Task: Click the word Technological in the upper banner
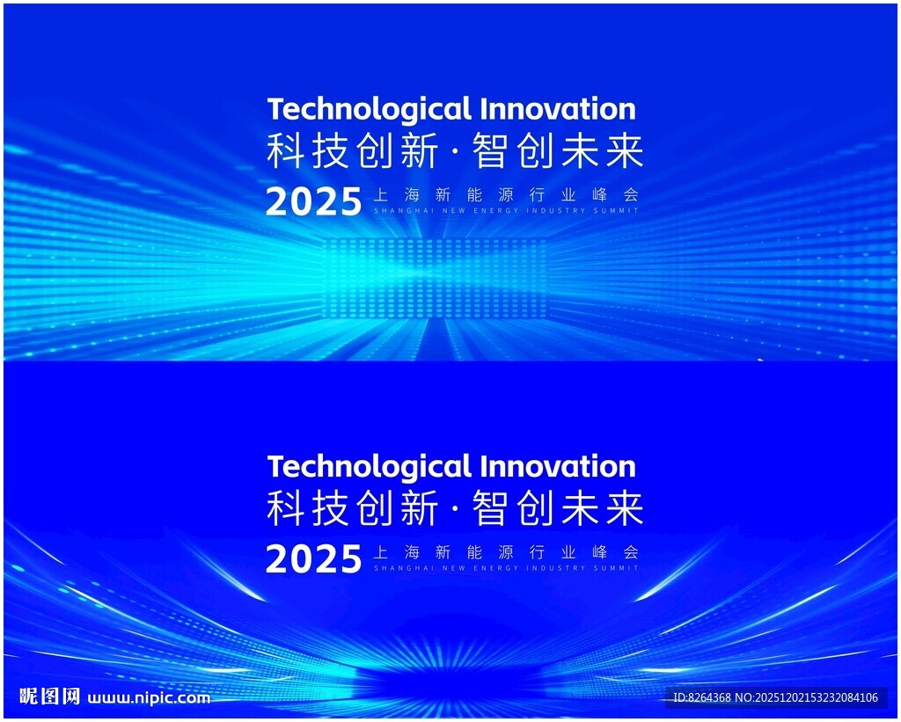coord(369,109)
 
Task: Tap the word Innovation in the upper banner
coord(558,108)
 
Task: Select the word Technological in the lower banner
coord(369,466)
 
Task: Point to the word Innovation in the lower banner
coord(558,465)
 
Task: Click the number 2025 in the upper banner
coord(314,202)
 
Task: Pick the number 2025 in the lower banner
coord(314,559)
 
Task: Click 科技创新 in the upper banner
coord(353,151)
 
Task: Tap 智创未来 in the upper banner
coord(557,151)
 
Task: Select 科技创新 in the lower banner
coord(353,509)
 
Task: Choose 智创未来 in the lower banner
coord(557,509)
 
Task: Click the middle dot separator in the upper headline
coord(456,153)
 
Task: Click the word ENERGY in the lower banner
coord(496,568)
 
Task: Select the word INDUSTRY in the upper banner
coord(556,211)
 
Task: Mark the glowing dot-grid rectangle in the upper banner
coord(435,278)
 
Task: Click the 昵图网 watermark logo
coord(49,696)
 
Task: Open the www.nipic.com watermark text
coord(149,698)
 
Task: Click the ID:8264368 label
coord(702,698)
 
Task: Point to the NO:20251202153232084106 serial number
coord(807,698)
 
